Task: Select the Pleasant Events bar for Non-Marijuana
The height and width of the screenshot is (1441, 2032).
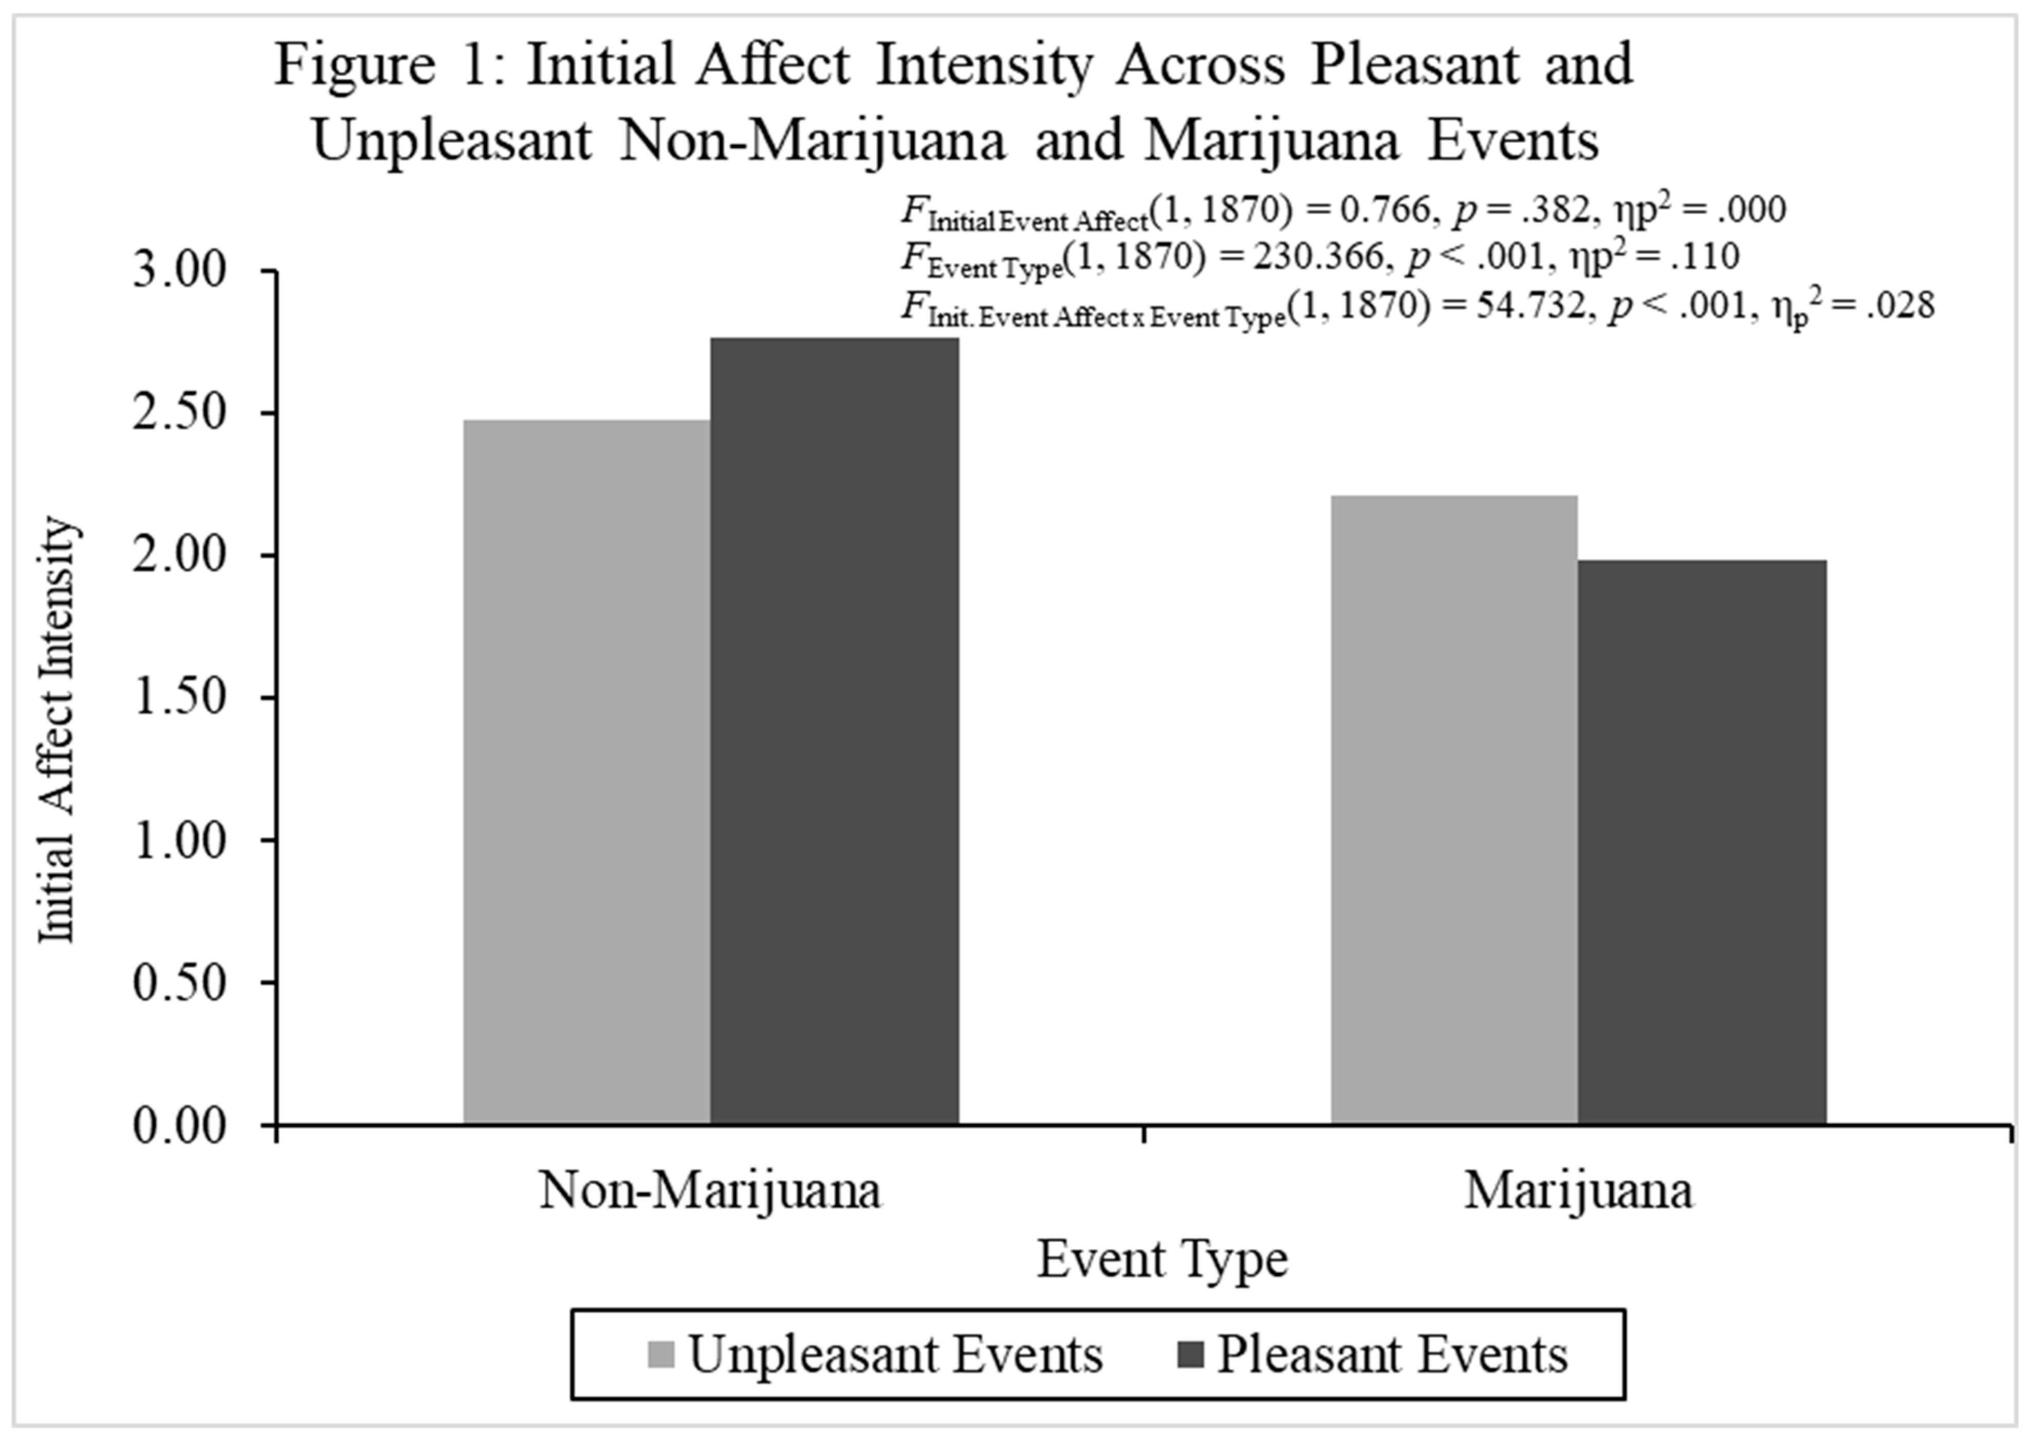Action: click(834, 731)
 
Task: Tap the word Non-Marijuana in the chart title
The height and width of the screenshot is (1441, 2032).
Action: click(812, 141)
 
